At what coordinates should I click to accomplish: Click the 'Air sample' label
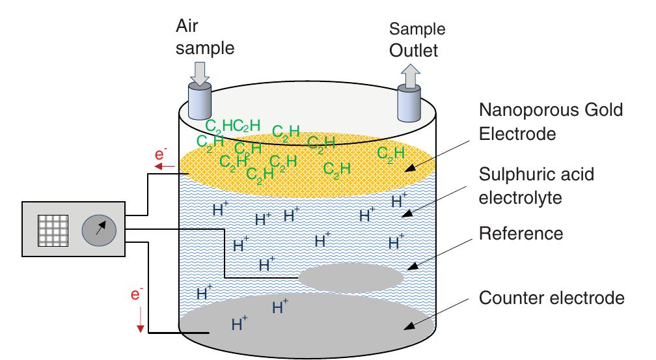(x=204, y=37)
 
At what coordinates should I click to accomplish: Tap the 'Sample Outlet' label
(x=417, y=40)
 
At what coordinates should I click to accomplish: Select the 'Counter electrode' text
(x=551, y=298)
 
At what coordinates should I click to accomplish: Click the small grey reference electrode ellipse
(x=351, y=278)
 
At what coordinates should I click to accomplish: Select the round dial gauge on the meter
(x=99, y=229)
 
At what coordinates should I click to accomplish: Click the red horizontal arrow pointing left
(x=163, y=167)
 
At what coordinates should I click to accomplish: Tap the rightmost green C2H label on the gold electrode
(x=390, y=154)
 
